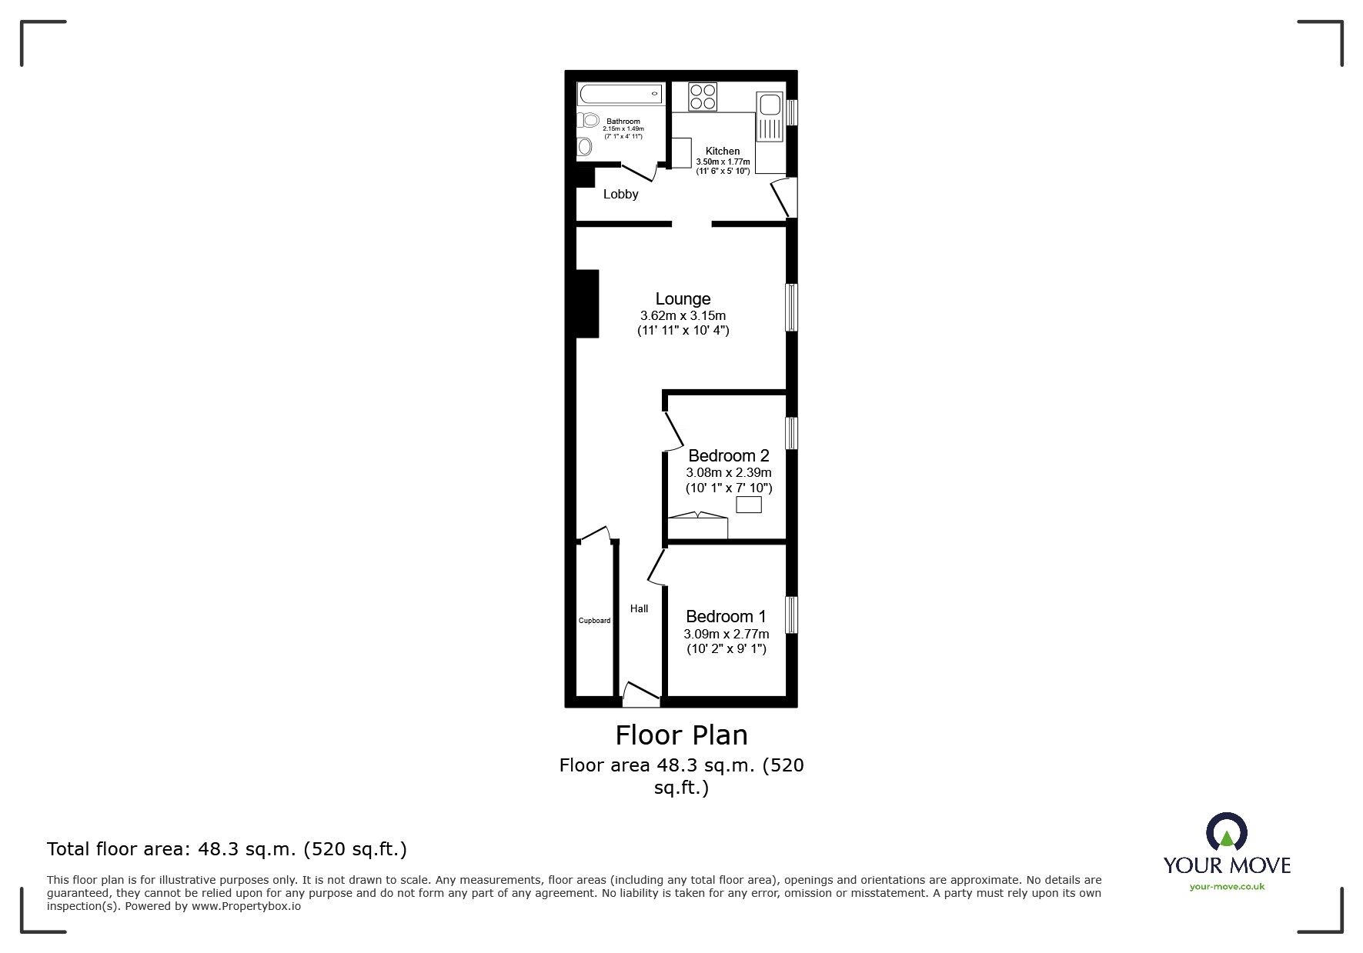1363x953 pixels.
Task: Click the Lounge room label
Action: click(x=683, y=298)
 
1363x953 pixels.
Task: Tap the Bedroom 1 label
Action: click(x=726, y=616)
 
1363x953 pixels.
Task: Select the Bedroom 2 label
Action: click(x=728, y=455)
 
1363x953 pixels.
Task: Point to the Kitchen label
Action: click(x=723, y=151)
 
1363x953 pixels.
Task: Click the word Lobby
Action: click(x=620, y=194)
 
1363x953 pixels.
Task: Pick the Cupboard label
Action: click(x=594, y=621)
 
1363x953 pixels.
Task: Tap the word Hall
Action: click(x=639, y=608)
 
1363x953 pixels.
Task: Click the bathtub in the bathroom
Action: click(x=620, y=94)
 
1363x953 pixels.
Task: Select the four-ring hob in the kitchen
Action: click(x=703, y=97)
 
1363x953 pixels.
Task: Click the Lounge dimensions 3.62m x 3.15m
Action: click(x=683, y=315)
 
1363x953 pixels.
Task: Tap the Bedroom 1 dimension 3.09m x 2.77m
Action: click(x=726, y=634)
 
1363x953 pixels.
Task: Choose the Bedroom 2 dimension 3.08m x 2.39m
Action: click(x=728, y=472)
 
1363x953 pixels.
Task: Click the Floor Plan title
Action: click(x=681, y=735)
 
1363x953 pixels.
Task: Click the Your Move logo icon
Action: click(x=1226, y=831)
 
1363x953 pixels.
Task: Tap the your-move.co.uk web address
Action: click(x=1227, y=887)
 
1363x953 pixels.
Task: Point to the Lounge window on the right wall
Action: click(x=791, y=308)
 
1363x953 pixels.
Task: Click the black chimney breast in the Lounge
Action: click(x=587, y=303)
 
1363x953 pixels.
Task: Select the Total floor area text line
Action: click(x=227, y=849)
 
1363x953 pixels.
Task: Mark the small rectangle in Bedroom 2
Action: click(x=749, y=505)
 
